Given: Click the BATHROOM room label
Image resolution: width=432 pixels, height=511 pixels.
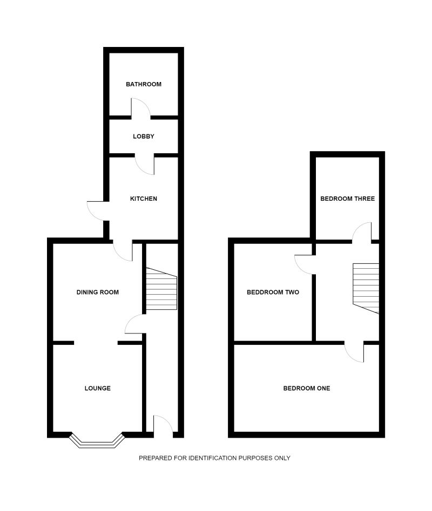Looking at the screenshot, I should point(144,84).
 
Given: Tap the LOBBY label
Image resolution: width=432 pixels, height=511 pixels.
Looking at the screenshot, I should point(144,137).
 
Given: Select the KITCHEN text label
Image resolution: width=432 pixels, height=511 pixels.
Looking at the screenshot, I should point(144,199).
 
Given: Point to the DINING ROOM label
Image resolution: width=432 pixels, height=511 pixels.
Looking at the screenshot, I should point(97,292).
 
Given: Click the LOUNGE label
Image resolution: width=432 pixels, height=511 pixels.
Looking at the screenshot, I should point(98,388).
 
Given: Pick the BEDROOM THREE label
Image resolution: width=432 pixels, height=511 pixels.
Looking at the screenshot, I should point(347,199).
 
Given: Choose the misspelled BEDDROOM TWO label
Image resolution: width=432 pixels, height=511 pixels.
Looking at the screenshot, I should point(273,292).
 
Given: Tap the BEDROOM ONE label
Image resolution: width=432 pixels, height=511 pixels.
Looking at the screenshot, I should point(307,388).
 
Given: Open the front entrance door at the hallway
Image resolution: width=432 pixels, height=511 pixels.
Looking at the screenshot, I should point(163,425).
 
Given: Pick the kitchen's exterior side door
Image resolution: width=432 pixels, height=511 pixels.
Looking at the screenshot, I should point(97,210).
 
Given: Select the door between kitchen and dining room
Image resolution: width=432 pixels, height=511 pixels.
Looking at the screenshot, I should point(123,251).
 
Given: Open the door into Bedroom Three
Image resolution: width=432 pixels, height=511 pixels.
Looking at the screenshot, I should point(362,232).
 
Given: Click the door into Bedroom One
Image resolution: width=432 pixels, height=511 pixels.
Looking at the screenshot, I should point(355,352).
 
